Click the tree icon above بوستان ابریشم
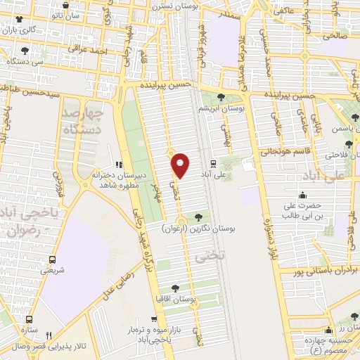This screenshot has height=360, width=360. coord(222,97)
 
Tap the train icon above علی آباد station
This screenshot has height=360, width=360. coord(213,162)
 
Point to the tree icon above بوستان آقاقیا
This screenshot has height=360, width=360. coord(176,288)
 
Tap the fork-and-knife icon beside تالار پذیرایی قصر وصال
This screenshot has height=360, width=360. coord(48,335)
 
